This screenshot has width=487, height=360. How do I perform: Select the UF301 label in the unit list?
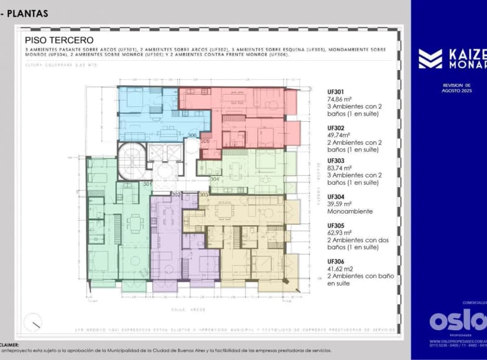click(336, 92)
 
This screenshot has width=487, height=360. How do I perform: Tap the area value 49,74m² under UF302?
click(339, 135)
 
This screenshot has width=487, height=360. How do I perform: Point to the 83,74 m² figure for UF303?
click(340, 168)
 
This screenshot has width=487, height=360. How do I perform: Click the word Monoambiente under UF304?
click(350, 211)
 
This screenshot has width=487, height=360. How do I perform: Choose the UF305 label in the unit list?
click(336, 225)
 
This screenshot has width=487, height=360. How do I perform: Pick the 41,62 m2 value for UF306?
click(339, 269)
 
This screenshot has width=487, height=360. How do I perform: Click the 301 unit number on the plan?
click(147, 184)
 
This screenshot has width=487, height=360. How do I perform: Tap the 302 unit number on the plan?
click(176, 194)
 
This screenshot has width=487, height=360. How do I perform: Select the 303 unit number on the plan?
click(204, 194)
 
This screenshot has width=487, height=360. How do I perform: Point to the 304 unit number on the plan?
click(215, 179)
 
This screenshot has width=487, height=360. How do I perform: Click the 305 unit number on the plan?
click(205, 141)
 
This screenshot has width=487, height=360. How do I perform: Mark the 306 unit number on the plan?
click(192, 135)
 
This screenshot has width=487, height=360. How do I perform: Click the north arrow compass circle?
click(34, 321)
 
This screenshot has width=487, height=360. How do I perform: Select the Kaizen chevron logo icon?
click(430, 59)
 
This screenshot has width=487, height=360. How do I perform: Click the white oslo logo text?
click(458, 321)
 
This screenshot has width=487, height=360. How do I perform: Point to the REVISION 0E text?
click(457, 85)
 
